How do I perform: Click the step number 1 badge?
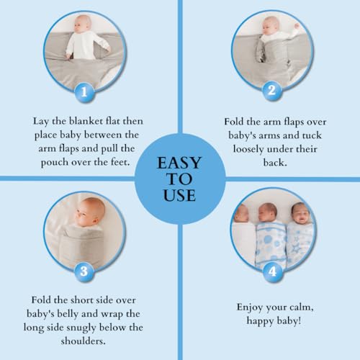(85, 91)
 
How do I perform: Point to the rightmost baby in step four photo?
(300, 215)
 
